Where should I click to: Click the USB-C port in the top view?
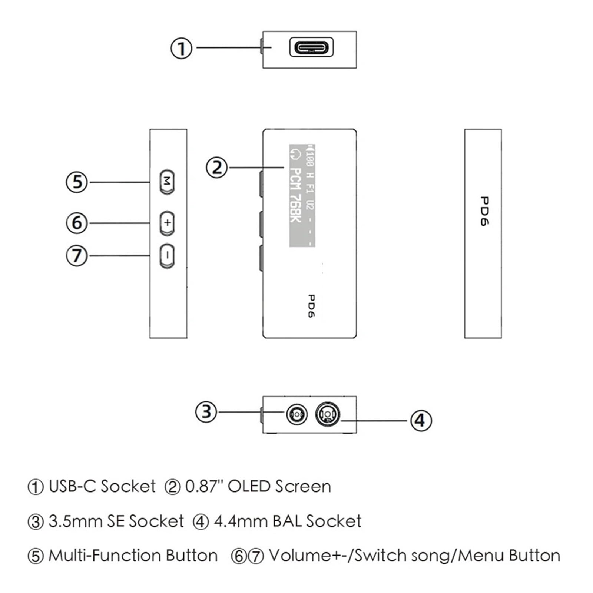pyautogui.click(x=311, y=47)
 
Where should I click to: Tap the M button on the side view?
pyautogui.click(x=167, y=182)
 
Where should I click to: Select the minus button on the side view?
pyautogui.click(x=167, y=256)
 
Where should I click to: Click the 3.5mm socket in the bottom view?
pyautogui.click(x=297, y=414)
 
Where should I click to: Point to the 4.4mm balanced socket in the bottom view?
pyautogui.click(x=327, y=413)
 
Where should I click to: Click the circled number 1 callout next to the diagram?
pyautogui.click(x=181, y=48)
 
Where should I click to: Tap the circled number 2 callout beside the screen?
pyautogui.click(x=216, y=168)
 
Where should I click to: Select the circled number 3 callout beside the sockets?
pyautogui.click(x=206, y=412)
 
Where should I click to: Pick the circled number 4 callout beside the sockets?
pyautogui.click(x=421, y=421)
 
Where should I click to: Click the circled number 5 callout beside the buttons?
pyautogui.click(x=77, y=182)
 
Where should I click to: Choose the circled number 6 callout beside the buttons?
pyautogui.click(x=77, y=223)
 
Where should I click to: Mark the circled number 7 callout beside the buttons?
pyautogui.click(x=77, y=256)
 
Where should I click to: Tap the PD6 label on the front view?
pyautogui.click(x=311, y=306)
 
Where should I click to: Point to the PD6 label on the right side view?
pyautogui.click(x=484, y=211)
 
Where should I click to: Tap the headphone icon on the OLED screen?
pyautogui.click(x=295, y=154)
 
